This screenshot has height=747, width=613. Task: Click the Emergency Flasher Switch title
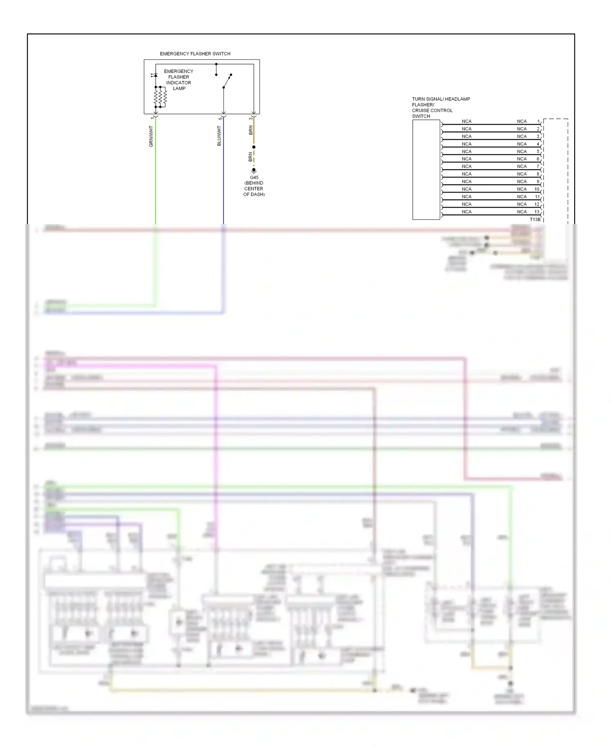[195, 54]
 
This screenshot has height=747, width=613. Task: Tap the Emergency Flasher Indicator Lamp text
[179, 80]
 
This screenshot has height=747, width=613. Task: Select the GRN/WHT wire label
[151, 136]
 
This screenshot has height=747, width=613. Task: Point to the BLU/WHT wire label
[219, 136]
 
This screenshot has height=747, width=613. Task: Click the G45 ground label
[254, 178]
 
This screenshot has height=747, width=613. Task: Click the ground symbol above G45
[254, 170]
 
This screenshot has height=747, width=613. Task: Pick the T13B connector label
[535, 220]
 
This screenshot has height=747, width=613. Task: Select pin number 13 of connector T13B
[537, 212]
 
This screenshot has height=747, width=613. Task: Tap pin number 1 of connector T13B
[538, 121]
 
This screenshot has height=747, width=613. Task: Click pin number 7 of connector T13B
[538, 166]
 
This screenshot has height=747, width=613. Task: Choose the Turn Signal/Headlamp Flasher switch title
[441, 107]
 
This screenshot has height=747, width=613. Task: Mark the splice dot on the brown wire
[254, 147]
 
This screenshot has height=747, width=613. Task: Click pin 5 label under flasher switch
[220, 119]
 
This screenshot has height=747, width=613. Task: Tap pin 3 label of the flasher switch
[250, 119]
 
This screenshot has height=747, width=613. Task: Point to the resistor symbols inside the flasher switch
[160, 97]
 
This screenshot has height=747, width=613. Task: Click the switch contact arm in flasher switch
[227, 81]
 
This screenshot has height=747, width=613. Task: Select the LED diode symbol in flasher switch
[155, 76]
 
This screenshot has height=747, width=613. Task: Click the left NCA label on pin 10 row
[466, 189]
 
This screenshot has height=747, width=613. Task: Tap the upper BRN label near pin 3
[251, 130]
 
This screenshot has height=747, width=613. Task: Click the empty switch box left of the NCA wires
[426, 170]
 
